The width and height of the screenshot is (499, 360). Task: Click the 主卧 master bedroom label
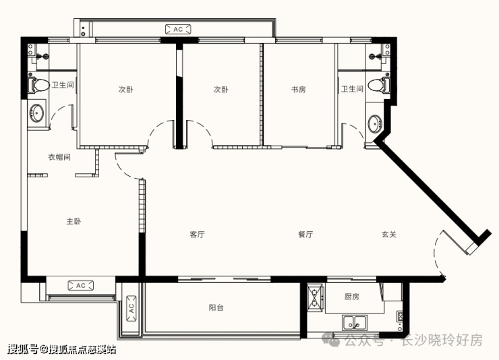point(74,221)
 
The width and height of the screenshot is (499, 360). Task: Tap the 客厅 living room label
point(197,235)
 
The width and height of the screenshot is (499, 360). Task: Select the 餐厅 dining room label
point(305,235)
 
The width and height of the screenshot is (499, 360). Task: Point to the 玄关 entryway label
point(389,235)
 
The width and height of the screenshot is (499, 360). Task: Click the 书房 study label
point(299,90)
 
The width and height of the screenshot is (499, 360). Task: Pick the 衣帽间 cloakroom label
point(59,157)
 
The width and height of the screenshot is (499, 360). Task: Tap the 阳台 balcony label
point(216,307)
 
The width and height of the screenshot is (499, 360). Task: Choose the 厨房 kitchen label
point(351,297)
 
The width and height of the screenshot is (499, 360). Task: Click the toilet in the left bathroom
point(38,85)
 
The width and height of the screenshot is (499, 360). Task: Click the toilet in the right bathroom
point(379,85)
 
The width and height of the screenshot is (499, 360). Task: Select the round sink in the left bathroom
point(37,113)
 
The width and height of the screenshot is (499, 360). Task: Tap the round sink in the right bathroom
point(375,123)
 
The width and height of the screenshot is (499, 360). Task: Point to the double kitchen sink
point(355,322)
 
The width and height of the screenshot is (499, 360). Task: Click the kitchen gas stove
point(316,298)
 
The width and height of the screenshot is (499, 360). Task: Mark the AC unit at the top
point(178,29)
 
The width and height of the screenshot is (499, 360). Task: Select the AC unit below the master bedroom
point(81,285)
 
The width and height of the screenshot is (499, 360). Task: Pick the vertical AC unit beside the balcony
point(131,309)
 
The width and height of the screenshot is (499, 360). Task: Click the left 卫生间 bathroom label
point(63,85)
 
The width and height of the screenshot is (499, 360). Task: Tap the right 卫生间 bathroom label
point(352,89)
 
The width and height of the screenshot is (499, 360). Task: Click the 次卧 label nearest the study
point(221,90)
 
